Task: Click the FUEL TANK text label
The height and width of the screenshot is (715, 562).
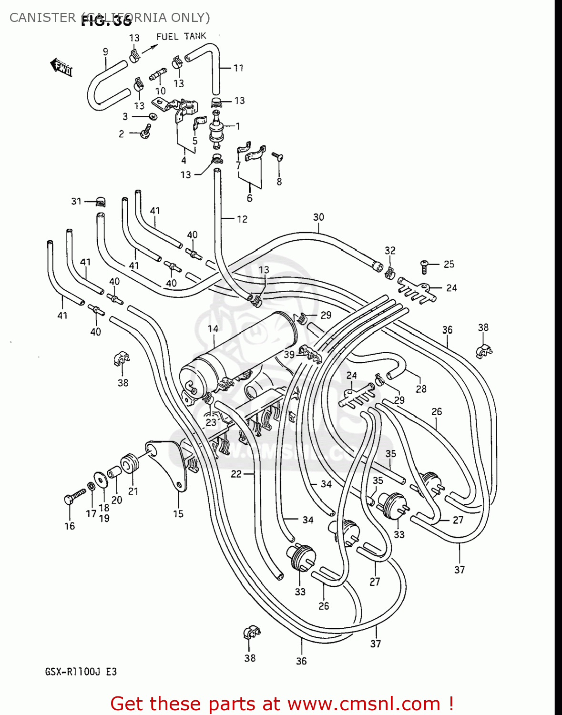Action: [181, 36]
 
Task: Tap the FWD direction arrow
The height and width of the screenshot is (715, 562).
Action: [61, 67]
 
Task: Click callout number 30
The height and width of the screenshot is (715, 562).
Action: [318, 217]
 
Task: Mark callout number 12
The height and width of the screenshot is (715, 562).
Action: [242, 219]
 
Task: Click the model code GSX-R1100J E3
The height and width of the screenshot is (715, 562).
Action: [81, 672]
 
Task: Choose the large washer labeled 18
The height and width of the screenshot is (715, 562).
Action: [101, 479]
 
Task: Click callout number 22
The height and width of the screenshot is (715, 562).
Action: [236, 474]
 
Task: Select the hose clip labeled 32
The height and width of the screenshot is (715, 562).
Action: [389, 273]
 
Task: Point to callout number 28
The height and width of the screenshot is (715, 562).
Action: [421, 389]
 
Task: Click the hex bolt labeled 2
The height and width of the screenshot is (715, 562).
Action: [146, 132]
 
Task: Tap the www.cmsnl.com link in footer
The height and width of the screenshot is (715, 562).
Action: [364, 704]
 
